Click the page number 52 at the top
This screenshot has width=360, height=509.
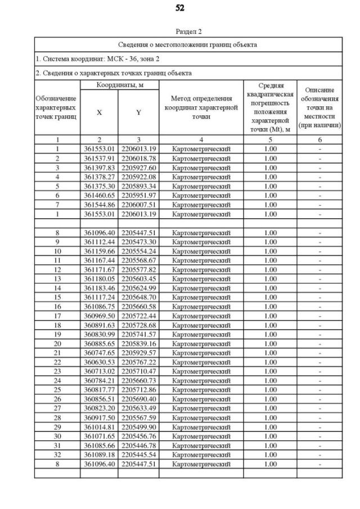coord(179,8)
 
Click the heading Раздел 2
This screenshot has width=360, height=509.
coord(188,31)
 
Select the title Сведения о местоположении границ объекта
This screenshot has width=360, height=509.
coord(188,44)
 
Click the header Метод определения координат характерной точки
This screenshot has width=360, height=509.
coord(201,107)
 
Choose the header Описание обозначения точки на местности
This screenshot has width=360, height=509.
coord(319,107)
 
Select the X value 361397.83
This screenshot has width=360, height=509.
coord(99,168)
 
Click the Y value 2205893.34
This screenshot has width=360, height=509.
coord(138,186)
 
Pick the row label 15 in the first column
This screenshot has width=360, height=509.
coord(57,297)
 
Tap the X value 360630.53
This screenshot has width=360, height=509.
coord(99,362)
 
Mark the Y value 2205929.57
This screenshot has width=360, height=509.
coord(138,353)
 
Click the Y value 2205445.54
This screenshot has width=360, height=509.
coord(138,455)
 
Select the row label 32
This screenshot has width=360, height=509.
coord(57,455)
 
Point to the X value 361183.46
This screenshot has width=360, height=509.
coord(99,288)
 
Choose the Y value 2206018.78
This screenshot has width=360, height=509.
coord(138,159)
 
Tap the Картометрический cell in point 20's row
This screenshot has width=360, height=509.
coord(201,344)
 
